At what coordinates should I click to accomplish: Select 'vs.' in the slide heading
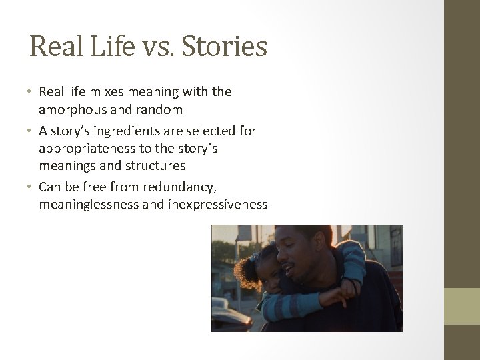(154, 47)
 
